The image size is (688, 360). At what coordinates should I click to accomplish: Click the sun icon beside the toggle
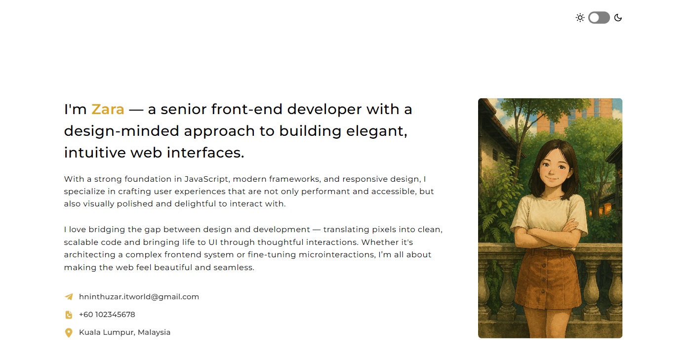click(x=580, y=18)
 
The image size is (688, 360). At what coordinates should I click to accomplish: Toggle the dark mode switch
click(x=599, y=18)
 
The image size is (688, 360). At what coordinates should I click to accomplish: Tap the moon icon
click(x=618, y=18)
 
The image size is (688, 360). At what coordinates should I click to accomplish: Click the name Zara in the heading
click(x=108, y=109)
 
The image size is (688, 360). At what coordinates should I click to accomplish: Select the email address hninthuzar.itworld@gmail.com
click(x=139, y=297)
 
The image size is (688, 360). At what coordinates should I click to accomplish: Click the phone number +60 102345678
click(x=107, y=315)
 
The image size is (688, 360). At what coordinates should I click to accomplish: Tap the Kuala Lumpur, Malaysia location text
click(x=124, y=332)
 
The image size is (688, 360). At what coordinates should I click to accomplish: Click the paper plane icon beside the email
click(x=69, y=297)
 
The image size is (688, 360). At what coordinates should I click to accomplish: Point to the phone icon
click(x=69, y=315)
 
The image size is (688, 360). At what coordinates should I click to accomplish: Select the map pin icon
click(x=69, y=333)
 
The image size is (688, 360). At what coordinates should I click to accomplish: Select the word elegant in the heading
click(x=376, y=131)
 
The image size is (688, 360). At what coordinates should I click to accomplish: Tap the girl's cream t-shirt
click(x=550, y=212)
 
